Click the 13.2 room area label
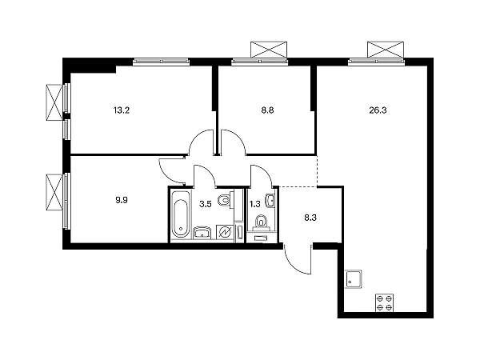tap(122, 110)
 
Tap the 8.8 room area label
tap(267, 110)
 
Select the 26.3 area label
tap(378, 110)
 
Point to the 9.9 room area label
tap(122, 200)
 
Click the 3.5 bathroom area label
tap(206, 204)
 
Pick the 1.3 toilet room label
tap(254, 204)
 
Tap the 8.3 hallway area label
tap(310, 218)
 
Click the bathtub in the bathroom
tap(180, 214)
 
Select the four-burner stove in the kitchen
tap(385, 302)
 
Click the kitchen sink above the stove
tap(354, 279)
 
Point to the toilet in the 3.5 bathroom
tap(226, 201)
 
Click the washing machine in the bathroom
tap(225, 232)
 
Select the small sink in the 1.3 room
tap(271, 201)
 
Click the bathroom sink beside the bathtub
tap(202, 233)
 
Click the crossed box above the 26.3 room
tap(386, 50)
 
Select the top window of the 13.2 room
tap(162, 62)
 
